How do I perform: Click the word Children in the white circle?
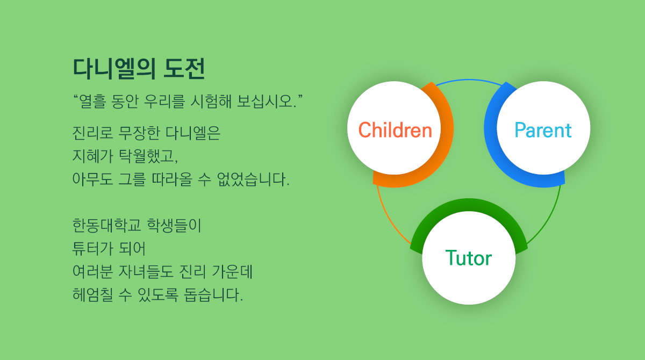(x=395, y=130)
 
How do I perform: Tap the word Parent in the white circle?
(x=543, y=130)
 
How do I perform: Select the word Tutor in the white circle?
(x=469, y=258)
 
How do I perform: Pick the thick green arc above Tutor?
(x=469, y=205)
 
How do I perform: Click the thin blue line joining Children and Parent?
(x=469, y=80)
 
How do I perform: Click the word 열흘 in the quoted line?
(x=92, y=102)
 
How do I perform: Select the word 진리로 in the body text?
(x=92, y=133)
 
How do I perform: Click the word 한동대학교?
(x=106, y=225)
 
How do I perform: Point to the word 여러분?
(x=92, y=272)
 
